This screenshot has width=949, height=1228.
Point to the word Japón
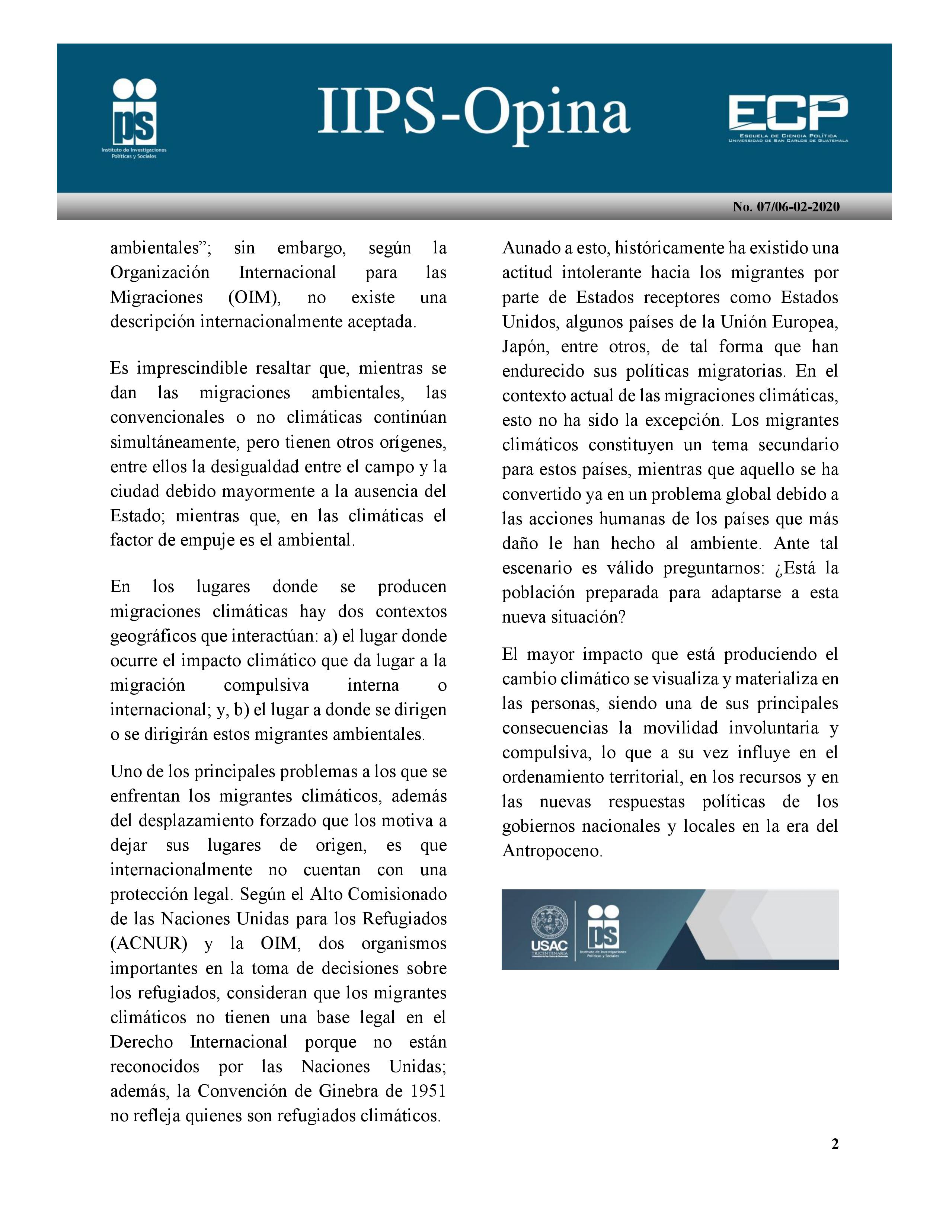(523, 347)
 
